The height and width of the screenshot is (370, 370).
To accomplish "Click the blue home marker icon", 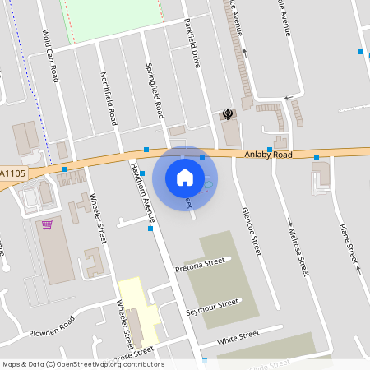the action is pos(185,177).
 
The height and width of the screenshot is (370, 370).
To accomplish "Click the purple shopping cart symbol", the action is pos(48,224).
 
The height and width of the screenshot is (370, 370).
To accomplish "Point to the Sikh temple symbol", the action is pos(228,113).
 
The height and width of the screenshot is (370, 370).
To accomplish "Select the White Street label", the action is pos(238,337).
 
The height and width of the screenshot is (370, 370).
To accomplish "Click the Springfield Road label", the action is pos(154,90).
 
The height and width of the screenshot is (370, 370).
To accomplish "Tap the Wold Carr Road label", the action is pos(51,56).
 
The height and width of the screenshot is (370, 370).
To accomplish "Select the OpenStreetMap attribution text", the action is pos(82,364).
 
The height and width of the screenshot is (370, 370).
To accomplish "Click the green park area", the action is pos(110,18).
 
